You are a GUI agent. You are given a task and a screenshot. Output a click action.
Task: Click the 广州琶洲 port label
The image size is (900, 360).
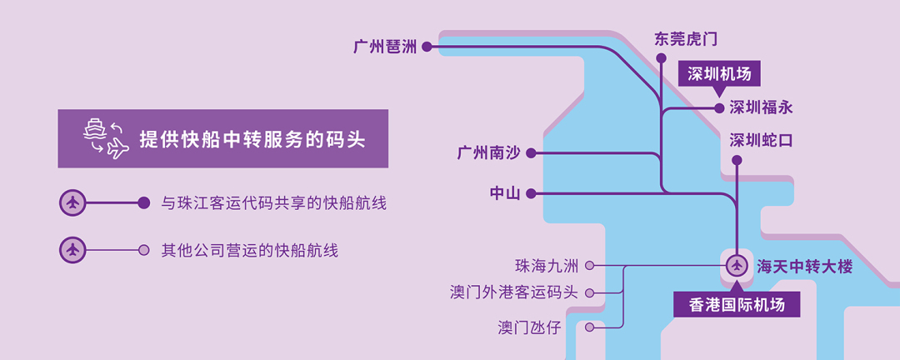[384, 47]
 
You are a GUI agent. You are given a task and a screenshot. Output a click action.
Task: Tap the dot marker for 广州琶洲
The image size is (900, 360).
[427, 47]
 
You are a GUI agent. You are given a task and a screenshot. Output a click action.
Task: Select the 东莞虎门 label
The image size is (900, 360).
[685, 39]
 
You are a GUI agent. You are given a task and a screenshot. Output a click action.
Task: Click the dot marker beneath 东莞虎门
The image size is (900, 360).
[662, 58]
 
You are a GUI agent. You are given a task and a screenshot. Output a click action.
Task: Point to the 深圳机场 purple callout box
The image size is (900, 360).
[719, 74]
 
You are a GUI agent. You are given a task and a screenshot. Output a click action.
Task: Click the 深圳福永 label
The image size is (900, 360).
[761, 107]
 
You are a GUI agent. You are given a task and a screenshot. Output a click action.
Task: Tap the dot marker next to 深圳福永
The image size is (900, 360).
[721, 107]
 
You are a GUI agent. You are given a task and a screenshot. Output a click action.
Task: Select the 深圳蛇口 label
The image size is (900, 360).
[761, 140]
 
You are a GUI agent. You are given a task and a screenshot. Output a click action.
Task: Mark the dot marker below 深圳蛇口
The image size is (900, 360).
[737, 160]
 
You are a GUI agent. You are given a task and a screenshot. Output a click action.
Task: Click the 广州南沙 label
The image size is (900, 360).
[488, 153]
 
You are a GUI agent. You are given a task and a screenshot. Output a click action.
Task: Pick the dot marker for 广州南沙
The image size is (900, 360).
[531, 153]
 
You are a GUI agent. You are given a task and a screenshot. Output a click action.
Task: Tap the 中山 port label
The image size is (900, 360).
[505, 193]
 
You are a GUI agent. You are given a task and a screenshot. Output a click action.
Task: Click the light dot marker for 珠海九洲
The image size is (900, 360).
[590, 267]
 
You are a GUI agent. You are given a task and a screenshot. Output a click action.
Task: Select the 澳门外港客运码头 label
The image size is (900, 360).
[513, 292]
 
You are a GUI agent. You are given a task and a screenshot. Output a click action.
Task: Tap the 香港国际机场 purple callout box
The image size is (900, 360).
[737, 304]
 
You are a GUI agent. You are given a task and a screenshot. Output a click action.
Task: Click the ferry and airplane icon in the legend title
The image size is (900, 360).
[104, 138]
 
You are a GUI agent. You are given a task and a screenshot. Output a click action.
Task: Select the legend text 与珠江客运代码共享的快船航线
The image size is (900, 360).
[273, 203]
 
